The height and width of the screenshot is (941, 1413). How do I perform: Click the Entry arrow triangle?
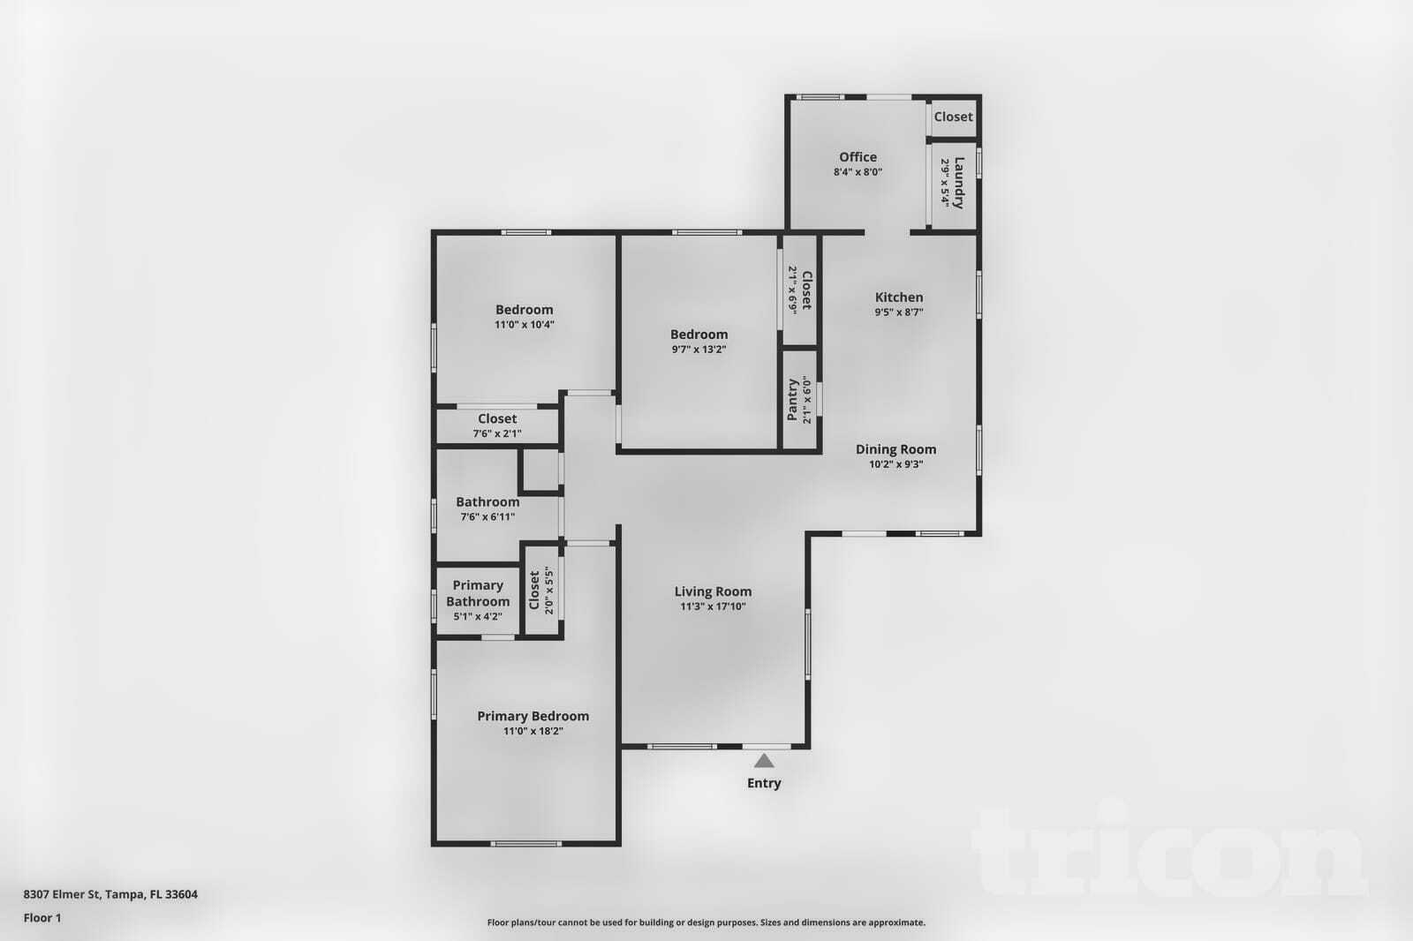[764, 761]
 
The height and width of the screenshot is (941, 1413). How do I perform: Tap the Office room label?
[858, 157]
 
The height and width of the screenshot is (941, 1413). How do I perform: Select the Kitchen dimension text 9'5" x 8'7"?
[899, 312]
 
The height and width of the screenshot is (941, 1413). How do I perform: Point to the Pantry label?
[792, 400]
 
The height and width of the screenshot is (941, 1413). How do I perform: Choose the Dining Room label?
[895, 449]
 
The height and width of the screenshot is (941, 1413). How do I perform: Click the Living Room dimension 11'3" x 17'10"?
[714, 606]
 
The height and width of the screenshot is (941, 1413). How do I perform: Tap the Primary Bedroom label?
[533, 716]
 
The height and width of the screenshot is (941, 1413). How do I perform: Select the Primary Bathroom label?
[478, 593]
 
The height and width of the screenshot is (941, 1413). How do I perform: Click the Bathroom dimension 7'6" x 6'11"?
[487, 517]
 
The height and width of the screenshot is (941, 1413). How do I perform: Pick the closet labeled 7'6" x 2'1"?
[497, 425]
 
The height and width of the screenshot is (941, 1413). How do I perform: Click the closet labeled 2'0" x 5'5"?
[540, 590]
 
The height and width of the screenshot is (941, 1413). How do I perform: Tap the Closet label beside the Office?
[953, 117]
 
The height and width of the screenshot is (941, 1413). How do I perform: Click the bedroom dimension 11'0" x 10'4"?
[525, 325]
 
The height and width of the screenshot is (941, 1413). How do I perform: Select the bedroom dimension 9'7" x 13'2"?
[699, 350]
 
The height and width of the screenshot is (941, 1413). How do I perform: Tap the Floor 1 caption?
[42, 918]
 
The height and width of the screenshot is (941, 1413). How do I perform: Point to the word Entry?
[764, 783]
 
